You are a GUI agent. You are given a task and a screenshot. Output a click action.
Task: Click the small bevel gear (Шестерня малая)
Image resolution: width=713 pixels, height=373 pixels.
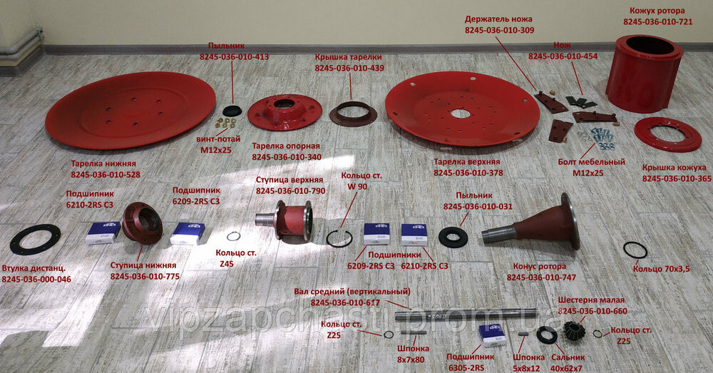pyautogui.click(x=573, y=330)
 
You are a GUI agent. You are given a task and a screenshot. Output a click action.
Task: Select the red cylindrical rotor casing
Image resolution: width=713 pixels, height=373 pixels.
pyautogui.click(x=645, y=73)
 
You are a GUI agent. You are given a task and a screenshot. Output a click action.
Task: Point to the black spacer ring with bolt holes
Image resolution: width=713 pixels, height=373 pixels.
pyautogui.click(x=35, y=240)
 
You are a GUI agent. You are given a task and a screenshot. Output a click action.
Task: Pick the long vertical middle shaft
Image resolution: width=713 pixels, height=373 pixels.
pyautogui.click(x=466, y=315)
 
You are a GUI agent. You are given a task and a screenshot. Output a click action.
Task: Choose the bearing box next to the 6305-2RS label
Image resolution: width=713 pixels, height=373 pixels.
pyautogui.click(x=493, y=335)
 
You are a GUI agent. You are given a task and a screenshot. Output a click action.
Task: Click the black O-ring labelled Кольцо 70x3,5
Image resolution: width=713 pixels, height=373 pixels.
pyautogui.click(x=635, y=250)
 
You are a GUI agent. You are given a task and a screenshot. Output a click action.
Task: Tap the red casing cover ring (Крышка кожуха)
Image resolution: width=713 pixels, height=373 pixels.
pyautogui.click(x=667, y=134)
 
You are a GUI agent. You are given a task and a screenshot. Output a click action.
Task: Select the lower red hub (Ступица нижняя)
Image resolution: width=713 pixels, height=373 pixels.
pyautogui.click(x=143, y=223)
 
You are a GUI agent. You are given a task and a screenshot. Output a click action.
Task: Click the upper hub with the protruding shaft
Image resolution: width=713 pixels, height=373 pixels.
pyautogui.click(x=284, y=220)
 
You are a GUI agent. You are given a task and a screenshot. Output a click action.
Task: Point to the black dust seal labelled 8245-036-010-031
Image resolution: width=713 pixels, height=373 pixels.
pyautogui.click(x=453, y=237)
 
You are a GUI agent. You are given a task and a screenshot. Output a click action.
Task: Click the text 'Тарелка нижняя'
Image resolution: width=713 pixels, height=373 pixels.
pyautogui.click(x=103, y=164)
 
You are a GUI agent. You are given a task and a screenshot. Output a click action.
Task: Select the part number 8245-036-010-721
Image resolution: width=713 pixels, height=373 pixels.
pyautogui.click(x=658, y=21)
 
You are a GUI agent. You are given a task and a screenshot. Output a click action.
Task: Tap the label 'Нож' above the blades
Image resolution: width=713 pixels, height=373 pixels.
pyautogui.click(x=562, y=46)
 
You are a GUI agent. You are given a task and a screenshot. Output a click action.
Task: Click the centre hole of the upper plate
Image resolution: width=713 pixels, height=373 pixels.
pyautogui.click(x=461, y=113)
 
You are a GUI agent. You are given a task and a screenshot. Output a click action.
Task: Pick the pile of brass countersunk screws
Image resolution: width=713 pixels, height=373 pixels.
pyautogui.click(x=225, y=123)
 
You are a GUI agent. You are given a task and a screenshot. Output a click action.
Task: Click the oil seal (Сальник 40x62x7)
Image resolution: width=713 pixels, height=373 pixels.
pyautogui.click(x=547, y=335)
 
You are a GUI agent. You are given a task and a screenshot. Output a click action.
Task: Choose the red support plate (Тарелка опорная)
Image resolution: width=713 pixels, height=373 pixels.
pyautogui.click(x=284, y=112)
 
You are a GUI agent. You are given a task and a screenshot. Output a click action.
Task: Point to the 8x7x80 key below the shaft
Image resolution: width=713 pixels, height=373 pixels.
pyautogui.click(x=414, y=332)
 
